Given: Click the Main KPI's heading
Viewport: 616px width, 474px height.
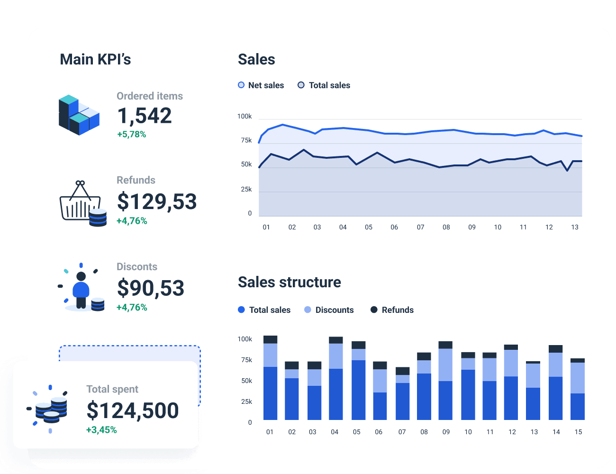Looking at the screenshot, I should (95, 59).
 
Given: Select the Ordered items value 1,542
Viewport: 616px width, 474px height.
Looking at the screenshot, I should (145, 116).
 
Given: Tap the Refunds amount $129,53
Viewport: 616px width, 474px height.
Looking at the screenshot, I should (157, 201).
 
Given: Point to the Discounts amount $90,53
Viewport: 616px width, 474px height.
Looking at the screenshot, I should (151, 288).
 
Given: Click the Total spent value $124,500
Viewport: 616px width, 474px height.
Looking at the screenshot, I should (133, 410).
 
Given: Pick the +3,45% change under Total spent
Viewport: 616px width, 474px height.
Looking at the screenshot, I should (101, 430).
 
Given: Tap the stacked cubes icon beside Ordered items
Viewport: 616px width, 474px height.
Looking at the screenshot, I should (79, 115).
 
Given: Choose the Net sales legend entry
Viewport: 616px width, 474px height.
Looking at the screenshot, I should (261, 85).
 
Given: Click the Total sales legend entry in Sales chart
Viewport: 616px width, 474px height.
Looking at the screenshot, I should (324, 85).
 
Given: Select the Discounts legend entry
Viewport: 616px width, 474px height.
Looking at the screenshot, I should (329, 310).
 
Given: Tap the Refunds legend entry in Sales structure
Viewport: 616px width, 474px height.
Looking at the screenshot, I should (392, 310).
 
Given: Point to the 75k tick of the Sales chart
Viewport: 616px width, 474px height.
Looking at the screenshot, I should (246, 140).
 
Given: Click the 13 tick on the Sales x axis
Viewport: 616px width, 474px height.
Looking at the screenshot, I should (575, 227).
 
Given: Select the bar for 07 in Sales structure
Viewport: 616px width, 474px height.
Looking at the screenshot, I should (402, 393).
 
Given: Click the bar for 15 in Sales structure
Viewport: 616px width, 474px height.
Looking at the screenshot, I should (578, 389).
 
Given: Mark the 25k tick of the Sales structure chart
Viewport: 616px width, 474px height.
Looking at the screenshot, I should (246, 401).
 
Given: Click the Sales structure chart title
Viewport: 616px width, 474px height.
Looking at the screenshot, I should (290, 282).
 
